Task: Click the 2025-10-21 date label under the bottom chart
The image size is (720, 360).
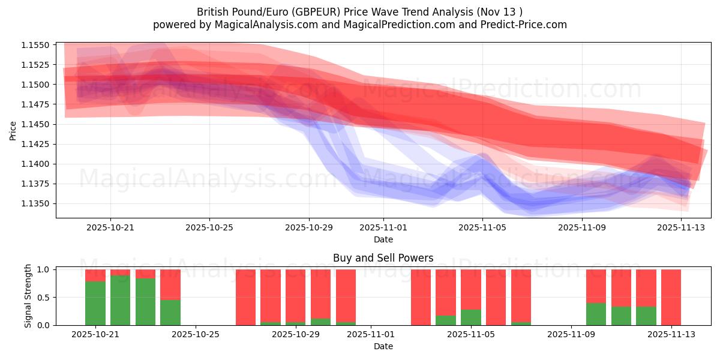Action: [95, 335]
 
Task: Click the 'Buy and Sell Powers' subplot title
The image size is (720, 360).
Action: [383, 259]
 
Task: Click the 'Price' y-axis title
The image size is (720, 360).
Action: [13, 130]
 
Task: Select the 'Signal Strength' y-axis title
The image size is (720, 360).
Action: [28, 296]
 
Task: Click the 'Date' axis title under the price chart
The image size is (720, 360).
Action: [383, 239]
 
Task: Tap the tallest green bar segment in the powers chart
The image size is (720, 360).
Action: [120, 300]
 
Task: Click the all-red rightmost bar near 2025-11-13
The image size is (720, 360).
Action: [671, 297]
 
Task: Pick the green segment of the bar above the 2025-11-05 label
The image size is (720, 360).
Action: [471, 317]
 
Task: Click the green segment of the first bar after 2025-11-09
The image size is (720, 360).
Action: [596, 314]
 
